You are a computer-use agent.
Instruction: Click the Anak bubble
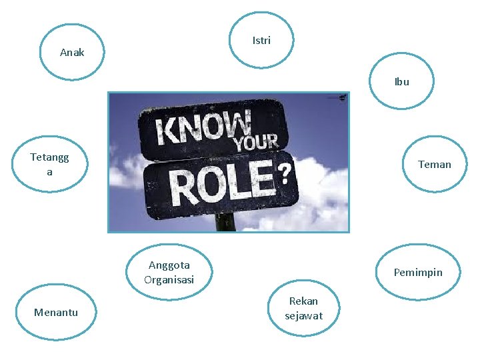point(72,52)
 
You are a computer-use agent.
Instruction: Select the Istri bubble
point(261,41)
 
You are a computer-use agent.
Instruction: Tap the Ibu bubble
point(401,82)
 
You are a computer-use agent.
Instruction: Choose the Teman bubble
point(434,164)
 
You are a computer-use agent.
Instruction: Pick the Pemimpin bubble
point(418,272)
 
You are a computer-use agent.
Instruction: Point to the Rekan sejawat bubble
point(303,308)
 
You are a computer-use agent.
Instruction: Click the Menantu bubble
point(56,312)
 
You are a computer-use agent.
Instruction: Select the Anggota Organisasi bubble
point(169,272)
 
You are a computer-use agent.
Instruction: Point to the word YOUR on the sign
point(256,142)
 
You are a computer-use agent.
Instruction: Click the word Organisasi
point(169,280)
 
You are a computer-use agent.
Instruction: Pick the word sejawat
point(303,316)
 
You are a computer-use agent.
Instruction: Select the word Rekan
point(303,301)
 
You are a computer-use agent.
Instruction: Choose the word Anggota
point(169,265)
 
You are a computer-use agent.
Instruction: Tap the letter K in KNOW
point(167,131)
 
